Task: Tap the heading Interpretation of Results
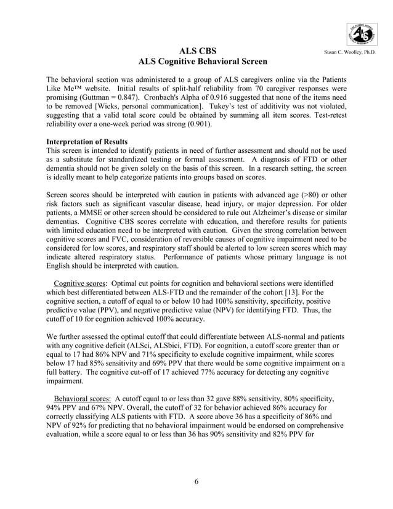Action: (87, 142)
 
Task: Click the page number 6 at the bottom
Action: (196, 482)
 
